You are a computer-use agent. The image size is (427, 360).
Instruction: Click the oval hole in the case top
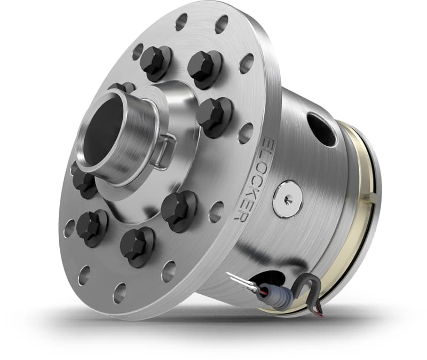321,128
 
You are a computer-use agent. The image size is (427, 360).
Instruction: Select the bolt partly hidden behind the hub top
122,87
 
